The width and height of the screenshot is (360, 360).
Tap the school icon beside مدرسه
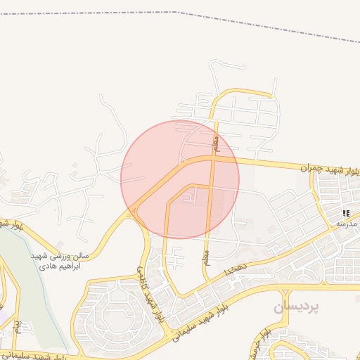point(345,213)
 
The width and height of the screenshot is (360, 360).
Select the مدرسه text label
point(347,224)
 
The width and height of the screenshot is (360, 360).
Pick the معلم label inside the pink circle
point(218,143)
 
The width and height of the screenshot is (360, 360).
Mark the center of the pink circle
point(180,179)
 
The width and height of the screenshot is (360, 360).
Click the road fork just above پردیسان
point(284,289)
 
